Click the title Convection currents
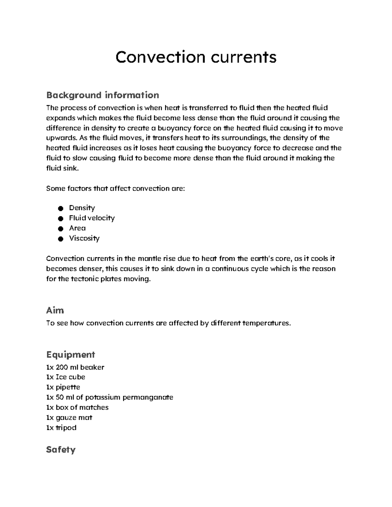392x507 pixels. pyautogui.click(x=196, y=57)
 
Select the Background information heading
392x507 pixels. pyautogui.click(x=103, y=95)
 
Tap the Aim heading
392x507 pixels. pyautogui.click(x=55, y=310)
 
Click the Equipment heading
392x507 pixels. pyautogui.click(x=71, y=355)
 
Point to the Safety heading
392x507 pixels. pyautogui.click(x=61, y=450)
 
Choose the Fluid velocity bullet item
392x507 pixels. pyautogui.click(x=92, y=218)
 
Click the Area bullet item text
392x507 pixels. pyautogui.click(x=77, y=228)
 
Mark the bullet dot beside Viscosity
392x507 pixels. pyautogui.click(x=60, y=239)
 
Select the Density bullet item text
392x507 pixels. pyautogui.click(x=82, y=208)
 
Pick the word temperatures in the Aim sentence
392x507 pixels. pyautogui.click(x=265, y=323)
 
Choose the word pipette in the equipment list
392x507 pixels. pyautogui.click(x=68, y=387)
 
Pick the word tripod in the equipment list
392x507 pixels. pyautogui.click(x=66, y=428)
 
